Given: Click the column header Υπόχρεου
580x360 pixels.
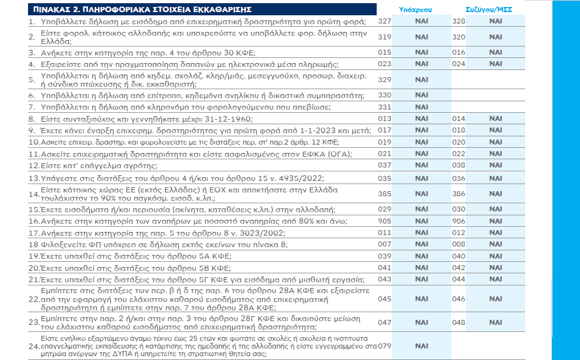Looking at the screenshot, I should (x=421, y=10).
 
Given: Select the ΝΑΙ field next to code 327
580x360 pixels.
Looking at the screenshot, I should (x=421, y=22).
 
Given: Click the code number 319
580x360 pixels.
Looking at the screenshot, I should (x=384, y=37).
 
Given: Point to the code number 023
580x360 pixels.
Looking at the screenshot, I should (x=384, y=64).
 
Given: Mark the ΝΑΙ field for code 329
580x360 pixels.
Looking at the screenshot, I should (x=421, y=80).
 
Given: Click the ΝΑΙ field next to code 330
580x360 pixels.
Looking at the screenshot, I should (x=421, y=95).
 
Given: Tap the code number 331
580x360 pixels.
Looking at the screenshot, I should (x=384, y=106).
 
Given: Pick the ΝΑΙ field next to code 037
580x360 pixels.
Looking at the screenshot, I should (x=421, y=165).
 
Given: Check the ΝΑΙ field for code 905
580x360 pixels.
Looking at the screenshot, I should (x=421, y=220).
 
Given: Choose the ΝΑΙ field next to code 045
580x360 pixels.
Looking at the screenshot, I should (x=421, y=298).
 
